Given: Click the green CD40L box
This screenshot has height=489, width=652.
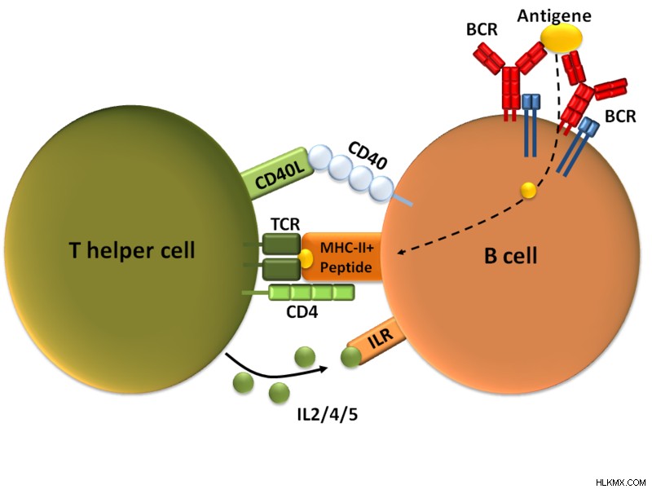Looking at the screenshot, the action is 278,174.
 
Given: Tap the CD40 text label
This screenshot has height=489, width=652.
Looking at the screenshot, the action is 367,156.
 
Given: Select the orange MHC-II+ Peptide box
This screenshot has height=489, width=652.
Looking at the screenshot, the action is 341,257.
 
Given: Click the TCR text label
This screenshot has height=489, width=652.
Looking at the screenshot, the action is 285,224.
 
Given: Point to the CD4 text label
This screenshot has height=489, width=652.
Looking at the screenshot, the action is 302,312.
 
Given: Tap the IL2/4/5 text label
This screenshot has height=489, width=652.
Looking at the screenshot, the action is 328,415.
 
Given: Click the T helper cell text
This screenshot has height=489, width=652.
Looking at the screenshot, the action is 132,250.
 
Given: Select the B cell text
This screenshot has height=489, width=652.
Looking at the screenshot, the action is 511,255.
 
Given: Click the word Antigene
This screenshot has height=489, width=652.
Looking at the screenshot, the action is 554,15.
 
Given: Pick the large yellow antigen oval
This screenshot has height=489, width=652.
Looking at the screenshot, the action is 562,37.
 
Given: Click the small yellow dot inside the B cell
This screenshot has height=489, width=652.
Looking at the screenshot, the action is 528,191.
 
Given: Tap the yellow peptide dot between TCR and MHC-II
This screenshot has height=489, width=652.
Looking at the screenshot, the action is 306,258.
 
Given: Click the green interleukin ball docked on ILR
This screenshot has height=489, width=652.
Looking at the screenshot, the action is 350,358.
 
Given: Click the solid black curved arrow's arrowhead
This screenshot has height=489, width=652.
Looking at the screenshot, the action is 323,368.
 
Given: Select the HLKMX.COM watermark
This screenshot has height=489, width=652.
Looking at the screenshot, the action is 621,482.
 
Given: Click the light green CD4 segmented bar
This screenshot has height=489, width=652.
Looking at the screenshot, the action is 311,293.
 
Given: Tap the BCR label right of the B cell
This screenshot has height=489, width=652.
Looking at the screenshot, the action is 620,117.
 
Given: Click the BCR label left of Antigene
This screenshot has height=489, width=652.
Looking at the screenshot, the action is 482,29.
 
